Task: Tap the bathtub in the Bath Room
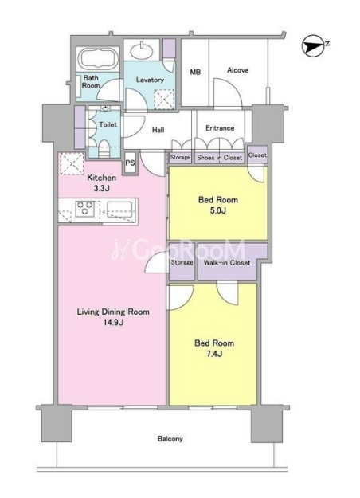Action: pos(98,59)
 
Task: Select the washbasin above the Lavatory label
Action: pos(141,50)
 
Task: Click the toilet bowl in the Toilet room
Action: pos(104,149)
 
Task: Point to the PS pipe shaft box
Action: pos(130,163)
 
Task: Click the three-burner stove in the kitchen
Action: pos(85,208)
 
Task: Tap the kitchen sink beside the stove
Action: pos(119,210)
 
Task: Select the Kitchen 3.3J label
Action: pos(102,183)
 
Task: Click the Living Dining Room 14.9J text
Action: pos(113,317)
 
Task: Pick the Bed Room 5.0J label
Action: pos(218,205)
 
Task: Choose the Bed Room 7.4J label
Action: pos(214,348)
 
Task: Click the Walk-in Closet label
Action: pos(227,263)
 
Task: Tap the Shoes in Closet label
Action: pos(219,158)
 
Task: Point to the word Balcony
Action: pos(170,439)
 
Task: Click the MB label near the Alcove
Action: pos(195,72)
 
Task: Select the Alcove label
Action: pos(238,70)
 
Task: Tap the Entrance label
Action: pos(220,128)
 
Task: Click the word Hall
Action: pos(158,130)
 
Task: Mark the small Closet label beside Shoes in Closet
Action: pos(257,155)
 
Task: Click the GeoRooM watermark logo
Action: pos(178,250)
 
